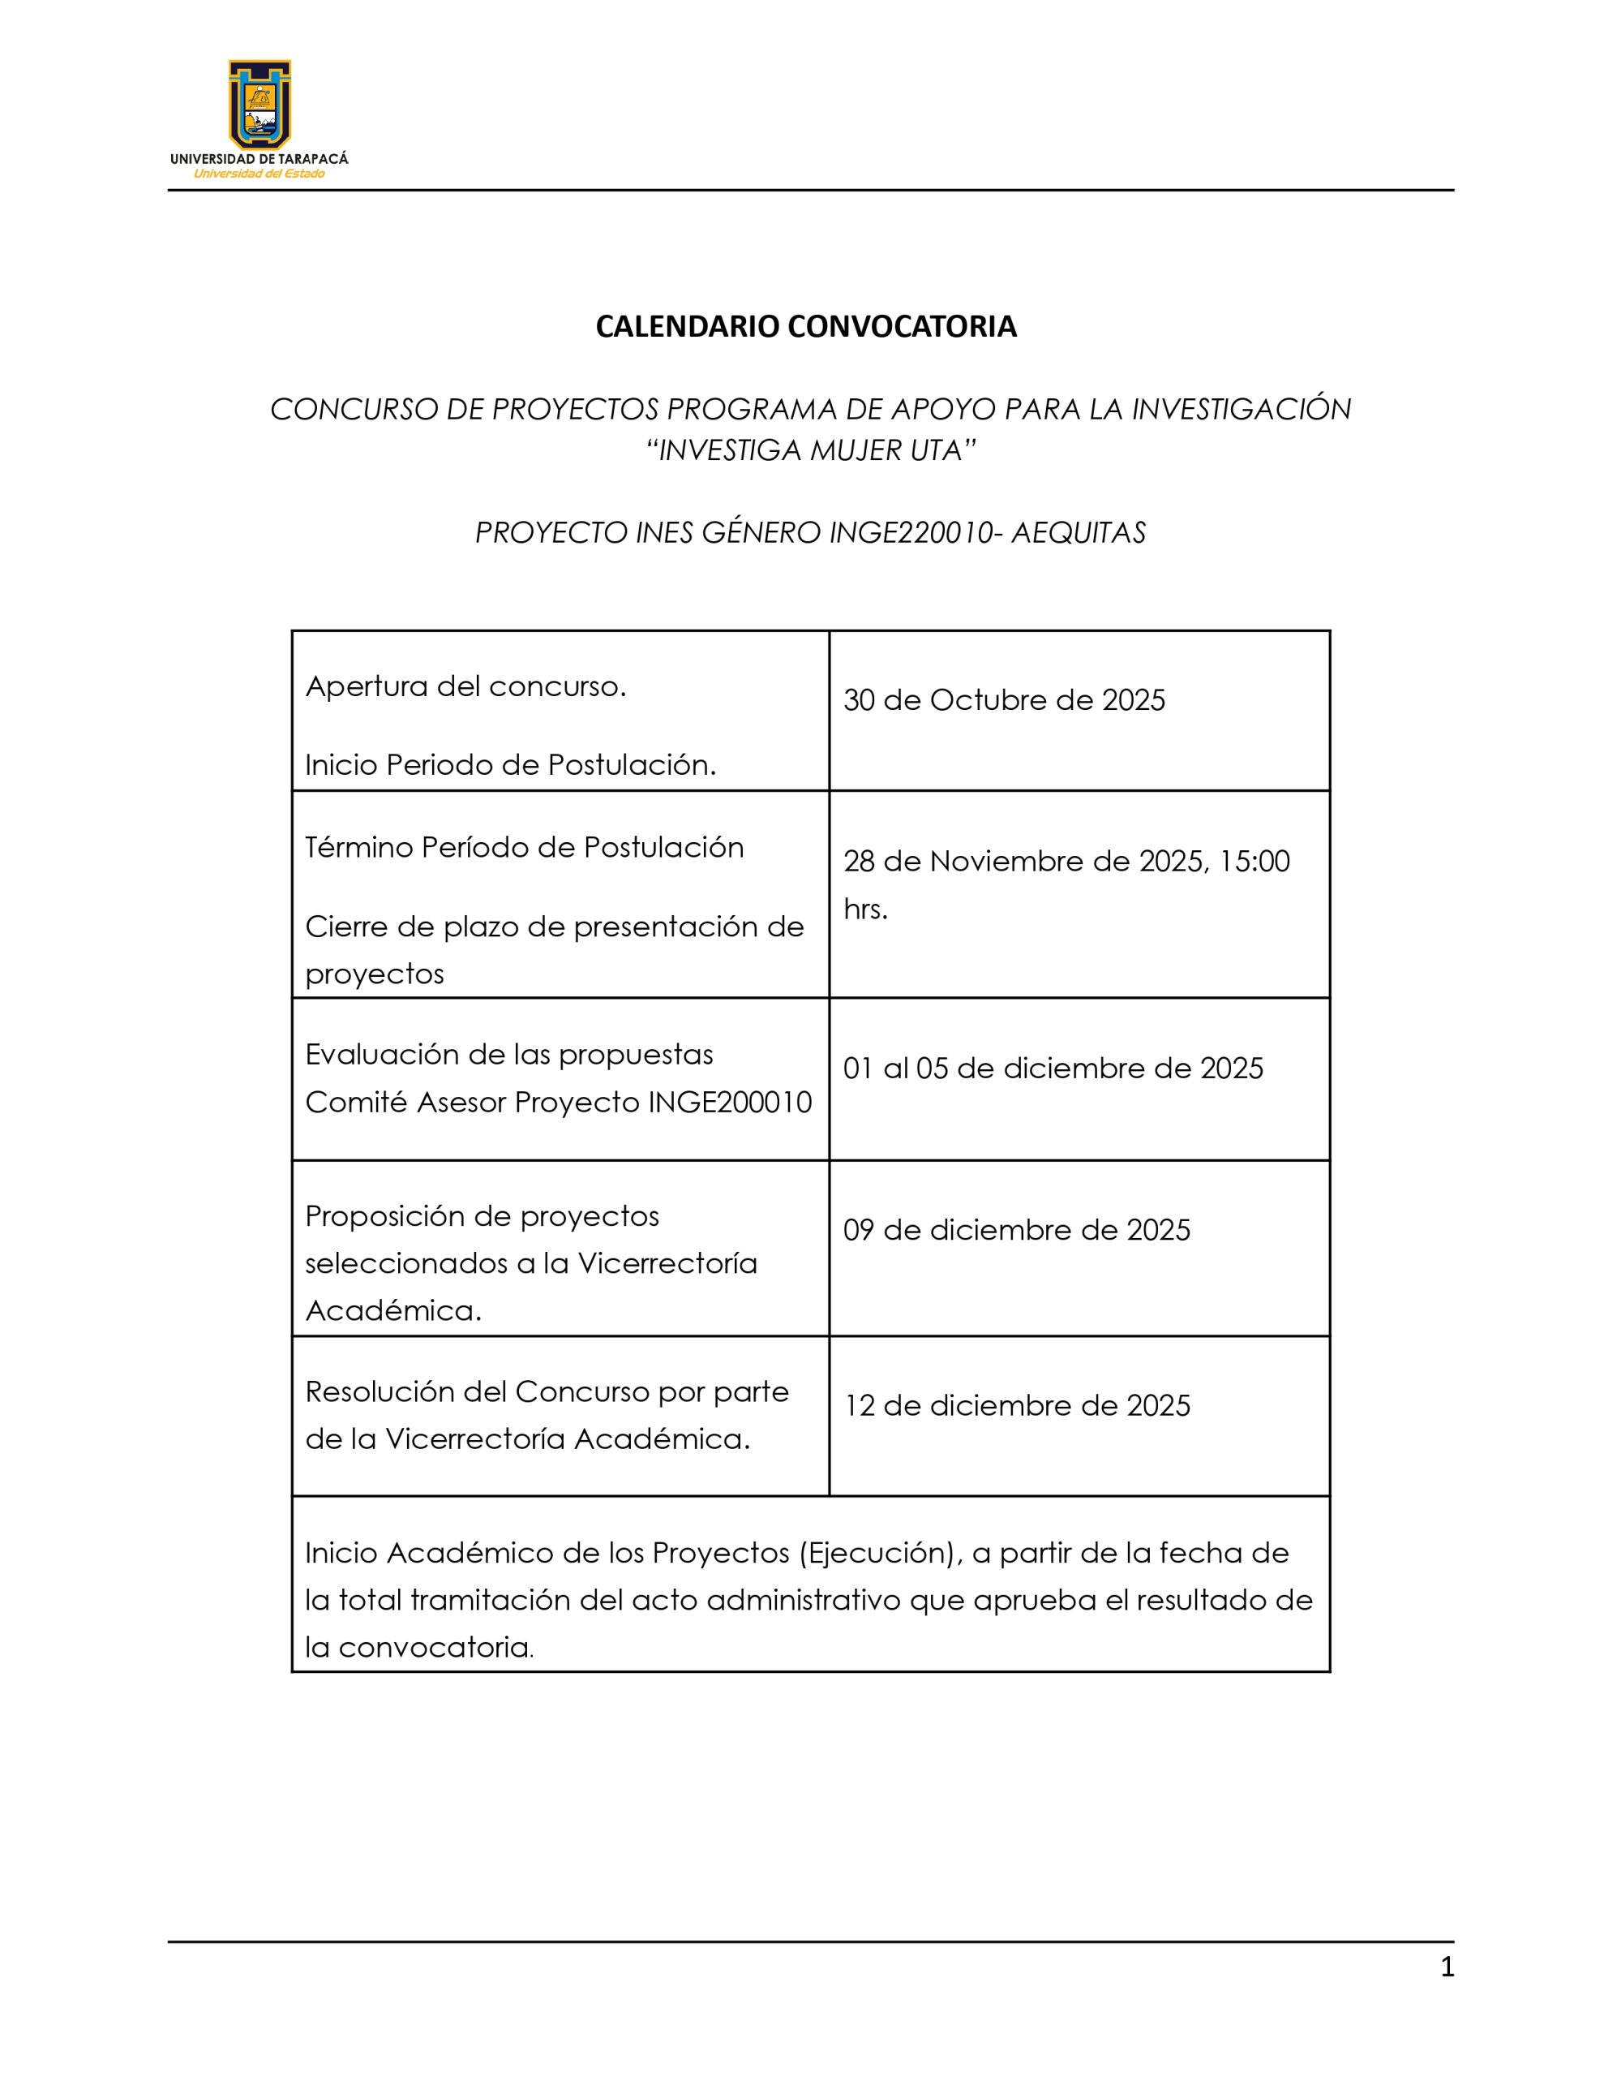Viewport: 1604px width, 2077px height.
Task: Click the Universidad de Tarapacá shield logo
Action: tap(259, 104)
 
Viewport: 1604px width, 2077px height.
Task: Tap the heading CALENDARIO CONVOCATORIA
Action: tap(805, 326)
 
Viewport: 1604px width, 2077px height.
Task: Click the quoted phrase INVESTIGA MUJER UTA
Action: tap(811, 449)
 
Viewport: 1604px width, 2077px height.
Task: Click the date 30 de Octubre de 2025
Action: tap(1003, 700)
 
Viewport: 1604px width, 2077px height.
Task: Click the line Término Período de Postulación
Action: tap(524, 846)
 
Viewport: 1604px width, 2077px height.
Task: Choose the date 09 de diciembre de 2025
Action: tap(1016, 1230)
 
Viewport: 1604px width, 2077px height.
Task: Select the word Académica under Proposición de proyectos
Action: tap(392, 1310)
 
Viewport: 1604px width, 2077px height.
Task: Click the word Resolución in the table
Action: tap(380, 1391)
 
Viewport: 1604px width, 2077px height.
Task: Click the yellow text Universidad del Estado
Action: tap(259, 174)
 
